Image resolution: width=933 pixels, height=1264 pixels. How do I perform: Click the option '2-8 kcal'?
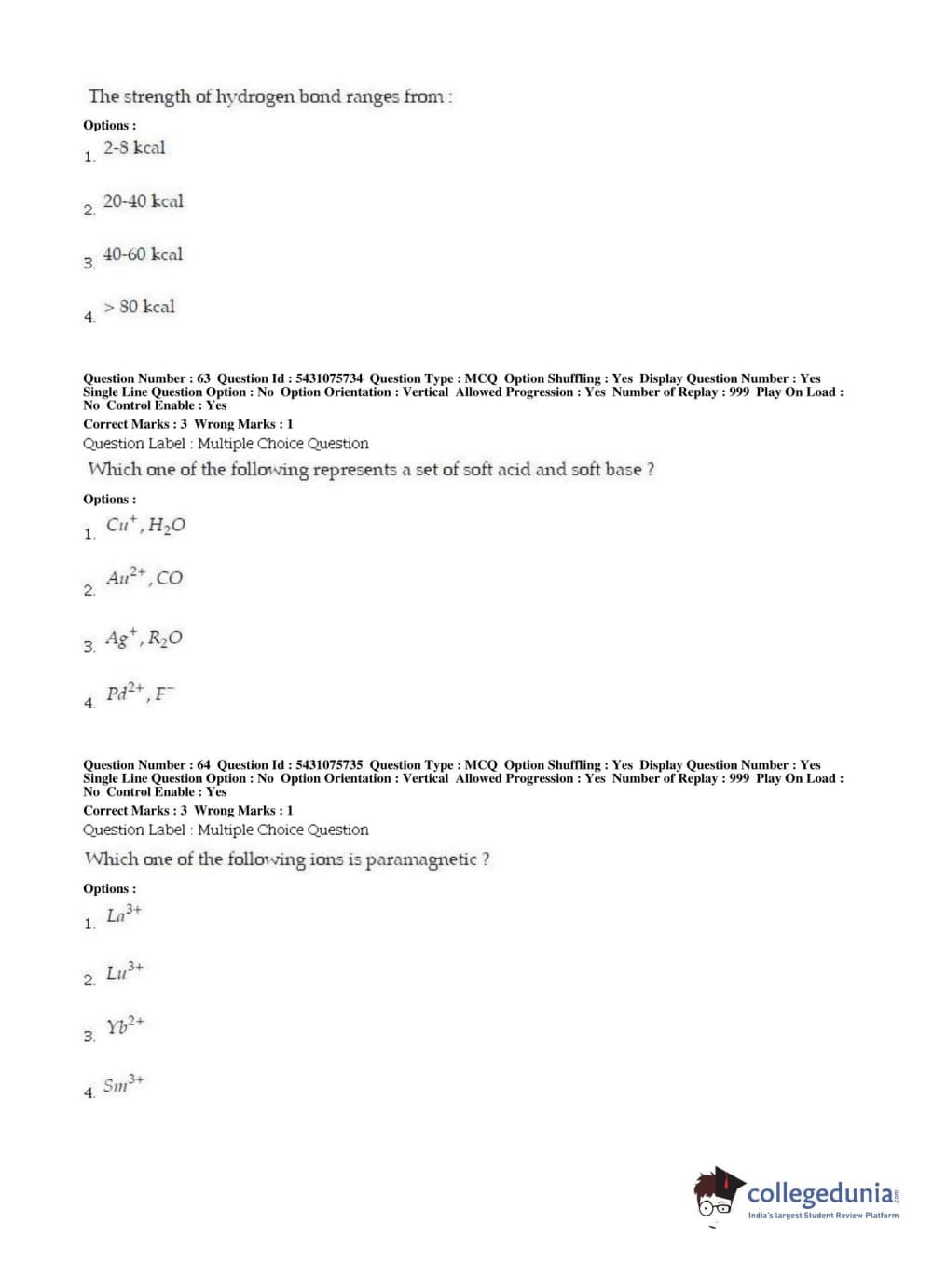click(134, 148)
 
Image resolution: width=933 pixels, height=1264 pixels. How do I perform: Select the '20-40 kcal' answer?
click(143, 201)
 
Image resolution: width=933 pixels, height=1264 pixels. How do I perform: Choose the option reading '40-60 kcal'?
click(143, 254)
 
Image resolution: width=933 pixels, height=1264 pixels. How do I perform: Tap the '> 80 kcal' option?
click(139, 308)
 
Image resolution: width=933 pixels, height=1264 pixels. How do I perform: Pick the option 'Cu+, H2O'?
click(145, 526)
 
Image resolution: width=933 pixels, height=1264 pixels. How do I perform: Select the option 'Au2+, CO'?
click(144, 578)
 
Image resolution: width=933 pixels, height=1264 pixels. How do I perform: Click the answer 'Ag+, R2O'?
click(144, 639)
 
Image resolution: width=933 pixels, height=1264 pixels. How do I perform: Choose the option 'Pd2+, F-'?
click(140, 694)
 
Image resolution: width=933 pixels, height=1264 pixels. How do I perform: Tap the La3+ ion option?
click(124, 914)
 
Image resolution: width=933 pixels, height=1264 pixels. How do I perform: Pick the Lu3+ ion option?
click(125, 971)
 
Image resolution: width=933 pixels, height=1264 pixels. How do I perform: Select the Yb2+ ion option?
click(125, 1026)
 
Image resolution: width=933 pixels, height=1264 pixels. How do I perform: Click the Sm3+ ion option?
click(124, 1084)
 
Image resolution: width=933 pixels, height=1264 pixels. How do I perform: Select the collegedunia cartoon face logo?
click(718, 1193)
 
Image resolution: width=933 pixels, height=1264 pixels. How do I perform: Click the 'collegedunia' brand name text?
click(820, 1193)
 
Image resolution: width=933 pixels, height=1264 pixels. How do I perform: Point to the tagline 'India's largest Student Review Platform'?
click(823, 1216)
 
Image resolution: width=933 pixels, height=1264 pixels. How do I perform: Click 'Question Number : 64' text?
click(146, 765)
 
